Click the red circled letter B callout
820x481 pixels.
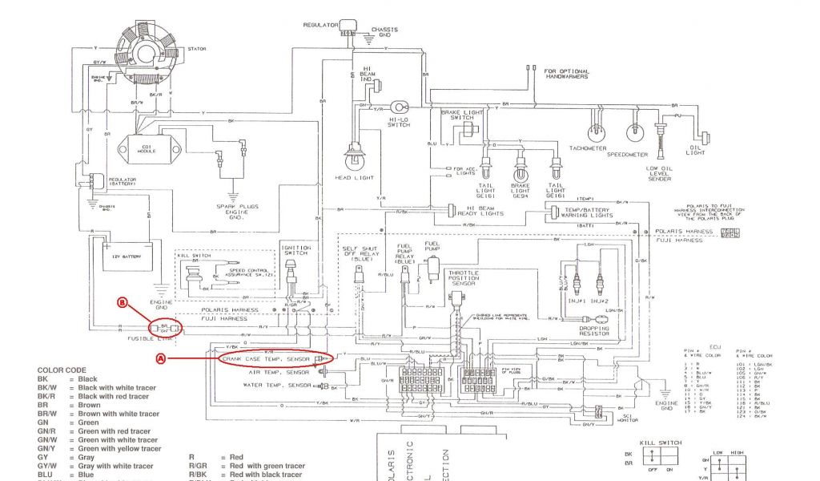(x=123, y=304)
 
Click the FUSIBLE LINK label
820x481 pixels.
(x=149, y=338)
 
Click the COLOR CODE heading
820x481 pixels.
(x=61, y=370)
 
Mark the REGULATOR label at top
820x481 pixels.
(x=320, y=25)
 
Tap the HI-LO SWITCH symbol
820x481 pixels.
(x=400, y=106)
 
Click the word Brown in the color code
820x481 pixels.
(x=88, y=405)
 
